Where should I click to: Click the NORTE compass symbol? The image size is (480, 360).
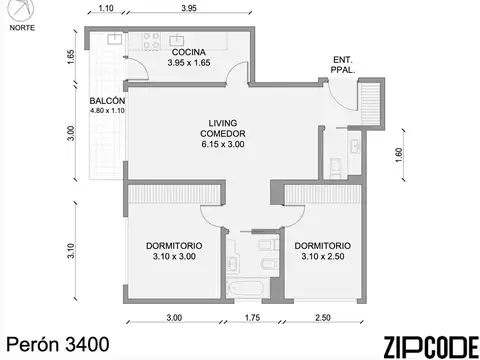(x=21, y=9)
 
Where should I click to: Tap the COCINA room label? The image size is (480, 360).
(x=189, y=52)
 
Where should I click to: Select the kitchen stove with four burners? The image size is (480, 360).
(x=151, y=41)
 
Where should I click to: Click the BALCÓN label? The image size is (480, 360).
(x=107, y=101)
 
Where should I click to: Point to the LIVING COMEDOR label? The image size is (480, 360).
(x=223, y=128)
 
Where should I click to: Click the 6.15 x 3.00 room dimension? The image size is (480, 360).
(x=223, y=144)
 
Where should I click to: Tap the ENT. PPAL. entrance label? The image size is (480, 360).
(x=343, y=65)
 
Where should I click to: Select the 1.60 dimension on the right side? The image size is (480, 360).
(x=399, y=155)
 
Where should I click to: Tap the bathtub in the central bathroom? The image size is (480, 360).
(x=248, y=289)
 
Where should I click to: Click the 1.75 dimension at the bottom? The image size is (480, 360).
(x=252, y=318)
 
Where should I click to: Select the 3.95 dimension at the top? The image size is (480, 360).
(x=189, y=8)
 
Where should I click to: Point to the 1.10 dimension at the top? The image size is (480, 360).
(x=106, y=8)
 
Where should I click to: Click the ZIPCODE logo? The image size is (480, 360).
(x=431, y=347)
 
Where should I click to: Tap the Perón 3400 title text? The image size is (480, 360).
(x=58, y=344)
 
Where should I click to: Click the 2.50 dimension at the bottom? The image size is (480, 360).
(x=323, y=318)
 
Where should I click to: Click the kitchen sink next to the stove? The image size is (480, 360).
(x=176, y=41)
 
